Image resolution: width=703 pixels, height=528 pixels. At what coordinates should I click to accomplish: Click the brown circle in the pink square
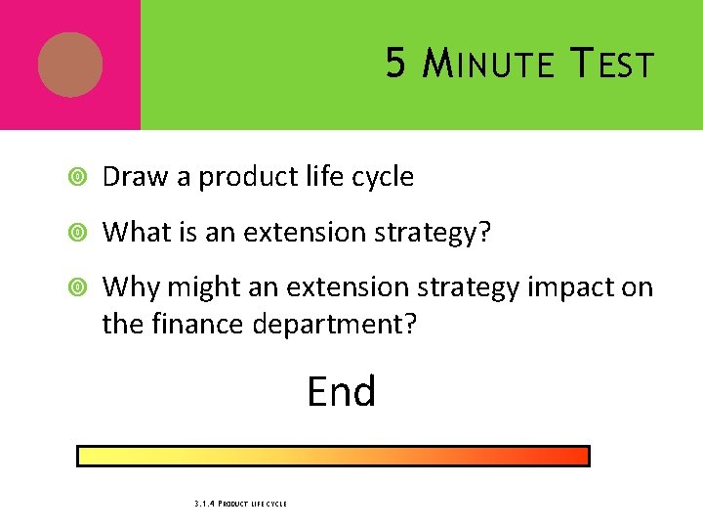click(70, 65)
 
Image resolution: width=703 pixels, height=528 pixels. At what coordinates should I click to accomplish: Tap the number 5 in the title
click(395, 65)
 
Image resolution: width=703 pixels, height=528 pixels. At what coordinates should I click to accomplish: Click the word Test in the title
click(612, 65)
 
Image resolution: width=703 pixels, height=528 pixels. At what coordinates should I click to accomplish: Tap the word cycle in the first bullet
click(379, 178)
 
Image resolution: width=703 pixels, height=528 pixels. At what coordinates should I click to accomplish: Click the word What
click(134, 232)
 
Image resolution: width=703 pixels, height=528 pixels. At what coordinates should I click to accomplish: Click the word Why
click(131, 287)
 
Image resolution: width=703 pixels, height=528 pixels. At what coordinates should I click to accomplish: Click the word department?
click(335, 325)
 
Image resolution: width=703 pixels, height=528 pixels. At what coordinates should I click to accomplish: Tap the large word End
click(341, 392)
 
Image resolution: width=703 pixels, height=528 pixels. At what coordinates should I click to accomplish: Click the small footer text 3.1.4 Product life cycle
click(240, 504)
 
